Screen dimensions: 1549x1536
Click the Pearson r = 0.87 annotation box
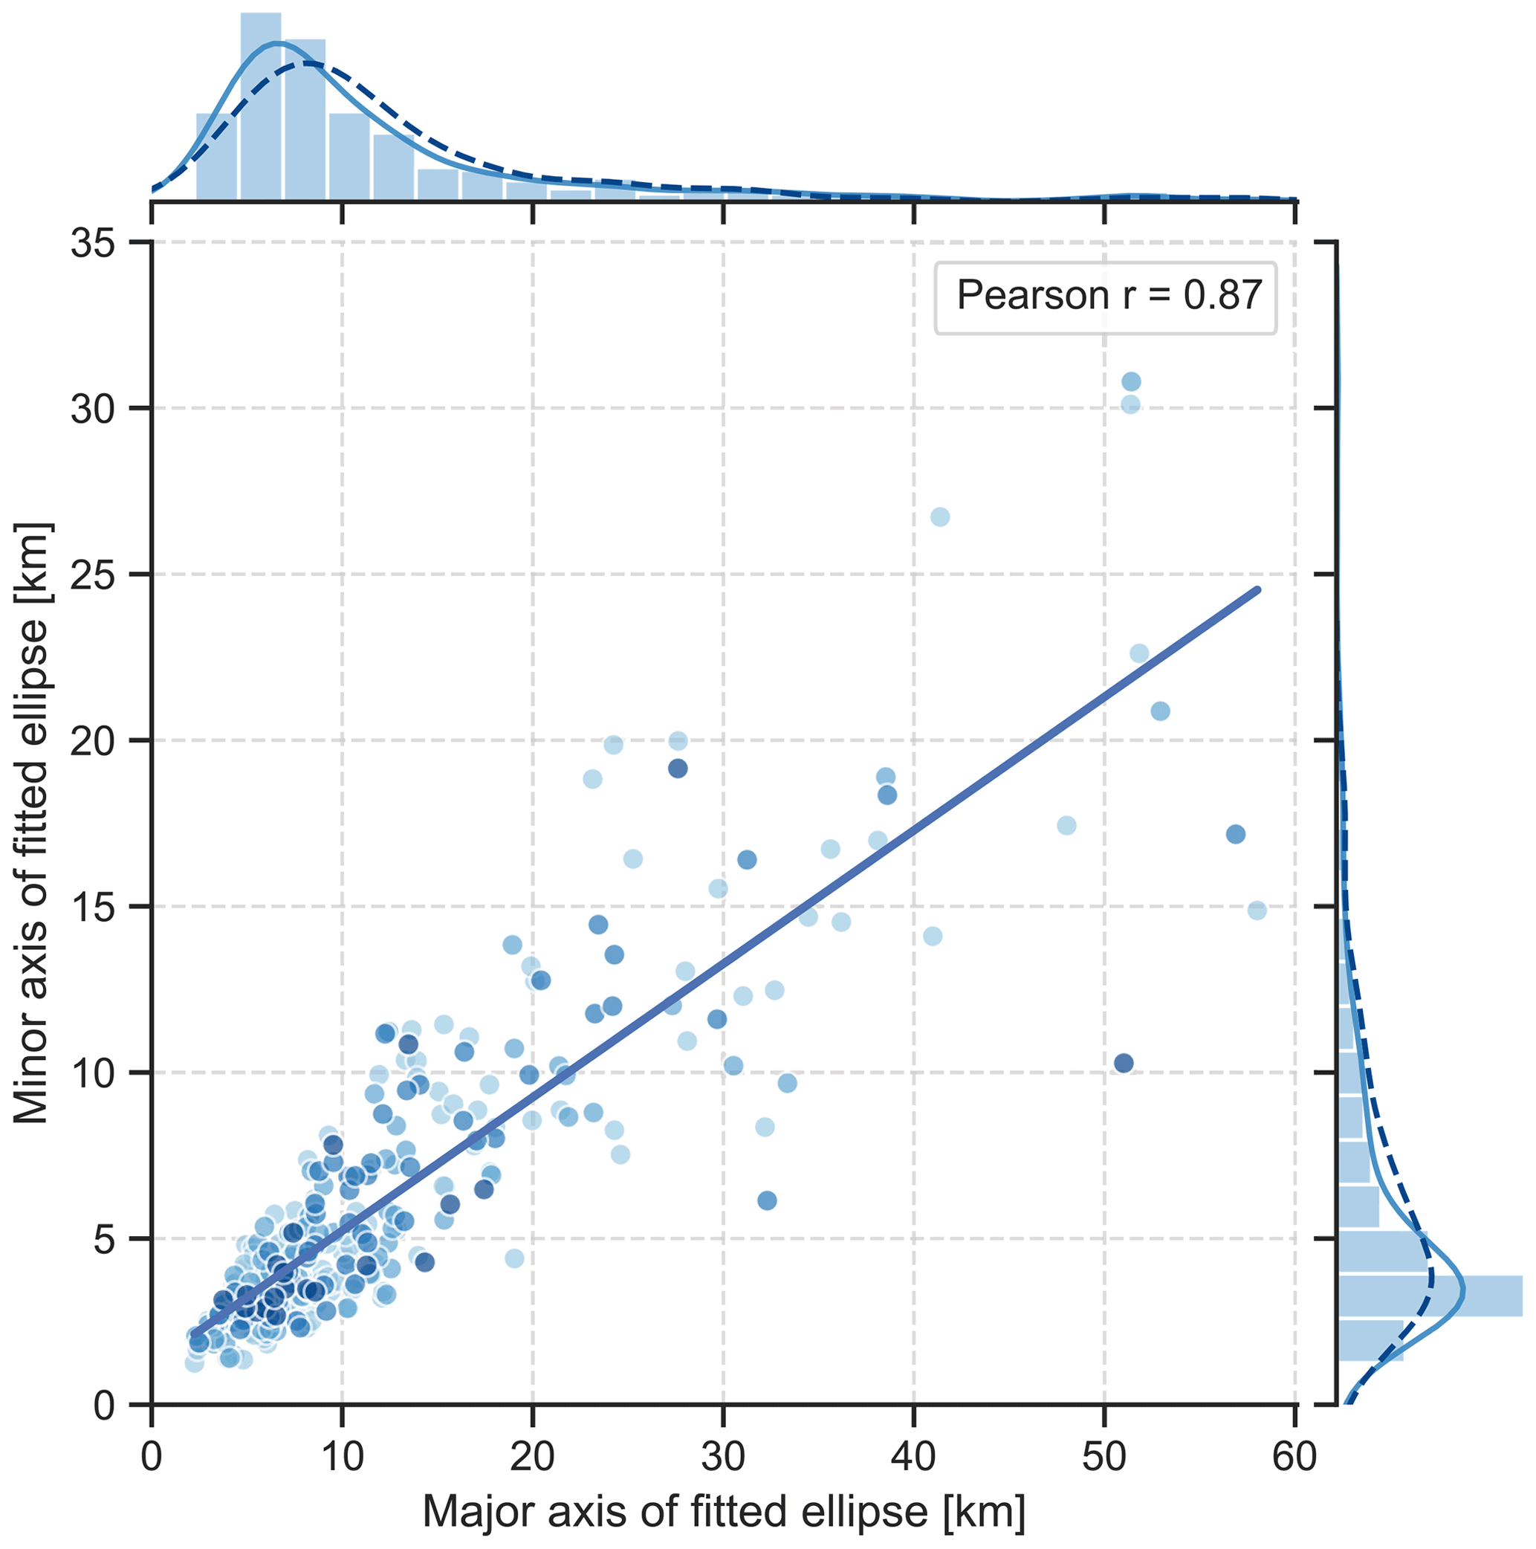click(x=1105, y=297)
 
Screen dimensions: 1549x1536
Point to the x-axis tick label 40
click(x=914, y=1456)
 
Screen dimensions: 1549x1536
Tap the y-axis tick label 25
click(x=94, y=575)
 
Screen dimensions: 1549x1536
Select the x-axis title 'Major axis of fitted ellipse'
click(x=723, y=1512)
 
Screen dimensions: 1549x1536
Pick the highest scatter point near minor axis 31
click(x=1131, y=381)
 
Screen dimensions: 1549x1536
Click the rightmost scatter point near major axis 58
click(x=1257, y=911)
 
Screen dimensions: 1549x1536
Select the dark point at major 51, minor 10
click(x=1124, y=1063)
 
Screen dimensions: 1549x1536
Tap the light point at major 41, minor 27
click(x=940, y=517)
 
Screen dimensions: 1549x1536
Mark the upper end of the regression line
click(x=1258, y=590)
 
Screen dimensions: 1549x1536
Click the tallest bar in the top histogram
click(x=261, y=106)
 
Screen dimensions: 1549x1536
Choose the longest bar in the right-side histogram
click(x=1430, y=1295)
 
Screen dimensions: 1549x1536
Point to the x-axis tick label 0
click(x=152, y=1456)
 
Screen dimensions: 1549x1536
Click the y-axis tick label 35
click(x=94, y=243)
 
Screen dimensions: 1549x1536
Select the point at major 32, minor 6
click(x=767, y=1200)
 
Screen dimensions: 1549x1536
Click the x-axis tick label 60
click(x=1294, y=1456)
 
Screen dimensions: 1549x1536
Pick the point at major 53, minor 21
click(x=1160, y=711)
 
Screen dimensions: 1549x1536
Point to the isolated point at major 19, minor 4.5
click(x=515, y=1258)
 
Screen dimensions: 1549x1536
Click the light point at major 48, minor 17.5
click(x=1067, y=826)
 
